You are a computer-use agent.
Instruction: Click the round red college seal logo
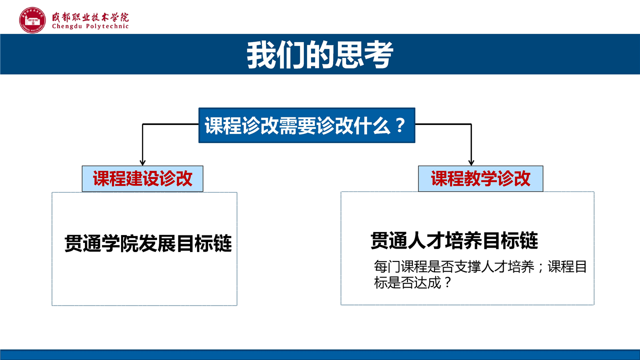[x=32, y=20]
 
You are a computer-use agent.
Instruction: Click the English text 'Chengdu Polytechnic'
[x=90, y=26]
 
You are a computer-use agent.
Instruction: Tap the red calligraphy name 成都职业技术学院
[x=90, y=17]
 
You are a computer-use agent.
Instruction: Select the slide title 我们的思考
[x=320, y=54]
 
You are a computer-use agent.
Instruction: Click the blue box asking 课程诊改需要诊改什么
[x=307, y=125]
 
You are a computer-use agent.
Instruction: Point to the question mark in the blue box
[x=400, y=125]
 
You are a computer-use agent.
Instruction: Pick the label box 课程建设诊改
[x=142, y=178]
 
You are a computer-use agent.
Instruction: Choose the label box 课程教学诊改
[x=480, y=178]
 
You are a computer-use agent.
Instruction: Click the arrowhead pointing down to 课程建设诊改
[x=142, y=163]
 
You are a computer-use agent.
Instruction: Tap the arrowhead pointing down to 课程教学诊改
[x=471, y=163]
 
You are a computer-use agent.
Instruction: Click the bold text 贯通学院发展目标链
[x=148, y=243]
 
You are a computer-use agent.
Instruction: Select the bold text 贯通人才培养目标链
[x=454, y=240]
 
